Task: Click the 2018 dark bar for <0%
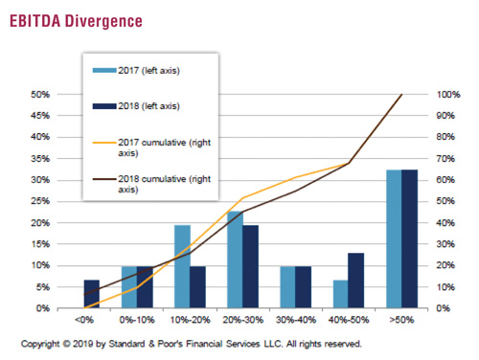click(92, 294)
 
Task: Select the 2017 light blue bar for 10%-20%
click(182, 266)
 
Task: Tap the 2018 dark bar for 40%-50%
click(356, 281)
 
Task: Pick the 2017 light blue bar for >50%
click(394, 238)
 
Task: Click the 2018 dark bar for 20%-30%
click(250, 266)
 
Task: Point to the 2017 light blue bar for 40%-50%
click(341, 294)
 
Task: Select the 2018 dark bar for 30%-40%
click(303, 287)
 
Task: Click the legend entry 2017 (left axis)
click(136, 71)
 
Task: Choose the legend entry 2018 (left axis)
click(136, 106)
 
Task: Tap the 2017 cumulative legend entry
click(151, 147)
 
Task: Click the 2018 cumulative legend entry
click(151, 184)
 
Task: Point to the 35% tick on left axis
click(40, 159)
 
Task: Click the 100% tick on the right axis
click(448, 95)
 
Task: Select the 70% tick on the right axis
click(445, 159)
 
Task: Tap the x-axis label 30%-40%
click(296, 320)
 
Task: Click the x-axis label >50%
click(401, 320)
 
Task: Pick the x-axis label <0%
click(84, 320)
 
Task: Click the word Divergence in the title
click(103, 22)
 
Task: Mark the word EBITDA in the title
click(35, 21)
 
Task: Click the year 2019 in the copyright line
click(83, 344)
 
